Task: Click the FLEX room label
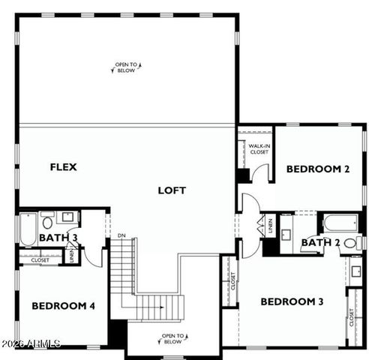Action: click(x=64, y=166)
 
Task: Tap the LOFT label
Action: click(x=171, y=190)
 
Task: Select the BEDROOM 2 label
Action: click(x=318, y=169)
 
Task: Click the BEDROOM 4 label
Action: click(x=63, y=305)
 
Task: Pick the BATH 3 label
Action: click(x=58, y=238)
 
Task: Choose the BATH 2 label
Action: click(x=321, y=242)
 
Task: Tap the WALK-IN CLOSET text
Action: click(x=259, y=149)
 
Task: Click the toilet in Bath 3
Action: click(x=47, y=221)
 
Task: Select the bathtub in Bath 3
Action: click(x=27, y=228)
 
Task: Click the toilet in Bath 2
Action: click(x=359, y=241)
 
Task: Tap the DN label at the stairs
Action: click(x=121, y=235)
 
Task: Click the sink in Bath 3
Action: click(x=67, y=219)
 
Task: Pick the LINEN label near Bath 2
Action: click(x=270, y=225)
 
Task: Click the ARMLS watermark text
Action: click(x=31, y=344)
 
